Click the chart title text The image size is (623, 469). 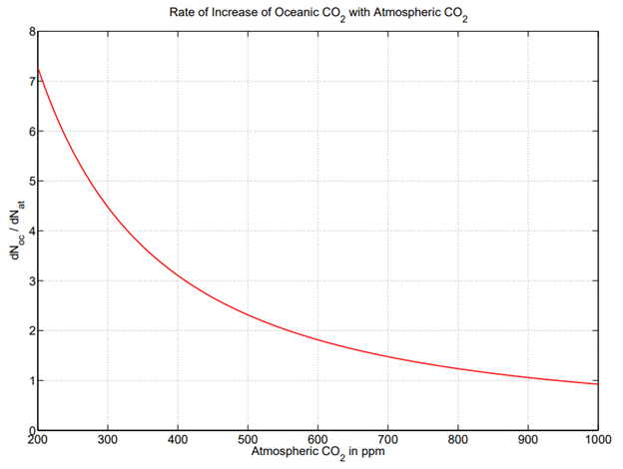point(317,12)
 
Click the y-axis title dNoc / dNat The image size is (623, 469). point(14,232)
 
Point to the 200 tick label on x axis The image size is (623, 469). point(38,440)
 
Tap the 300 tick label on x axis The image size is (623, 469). point(108,440)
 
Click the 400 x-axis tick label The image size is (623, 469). point(178,440)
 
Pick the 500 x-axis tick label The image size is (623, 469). point(248,440)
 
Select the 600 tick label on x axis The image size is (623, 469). point(317,440)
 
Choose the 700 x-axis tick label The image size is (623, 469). point(387,440)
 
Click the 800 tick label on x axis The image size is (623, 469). point(457,440)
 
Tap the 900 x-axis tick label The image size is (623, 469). point(527,440)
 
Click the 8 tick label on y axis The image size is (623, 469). point(31,32)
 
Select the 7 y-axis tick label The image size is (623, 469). point(31,82)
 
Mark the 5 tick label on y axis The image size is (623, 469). point(31,182)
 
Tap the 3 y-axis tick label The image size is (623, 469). point(31,281)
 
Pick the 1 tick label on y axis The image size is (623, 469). point(31,380)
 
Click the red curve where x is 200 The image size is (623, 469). point(39,69)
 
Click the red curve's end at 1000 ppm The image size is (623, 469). point(597,384)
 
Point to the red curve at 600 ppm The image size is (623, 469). point(317,340)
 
